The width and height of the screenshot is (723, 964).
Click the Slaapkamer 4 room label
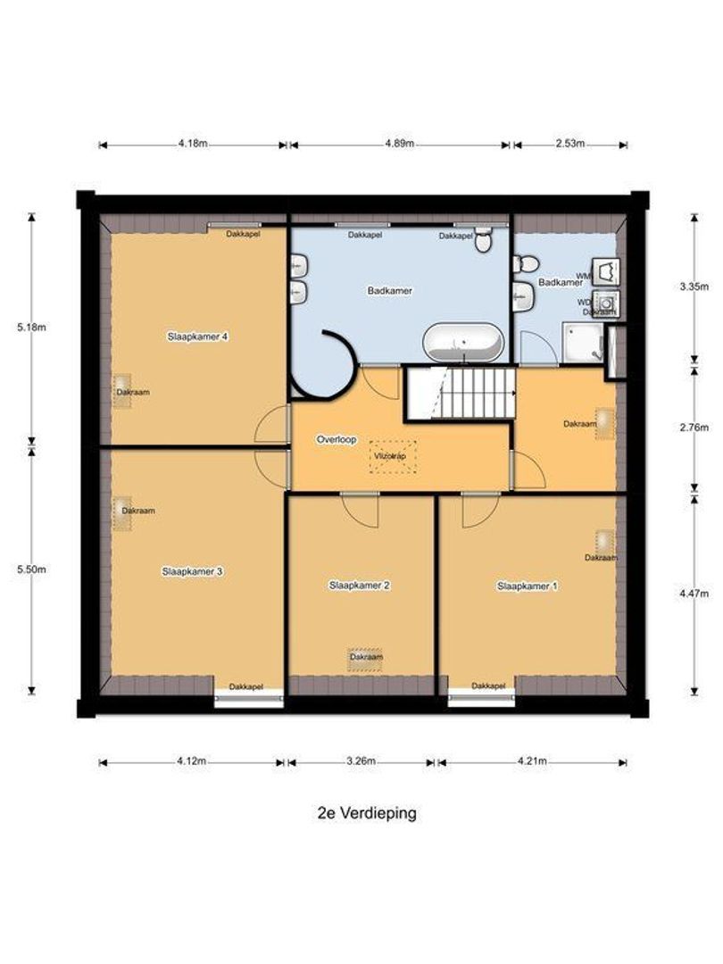tap(198, 337)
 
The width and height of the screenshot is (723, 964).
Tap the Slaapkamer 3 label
tap(192, 571)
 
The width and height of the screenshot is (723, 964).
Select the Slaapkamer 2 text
tap(360, 586)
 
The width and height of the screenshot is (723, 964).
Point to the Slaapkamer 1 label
tap(528, 586)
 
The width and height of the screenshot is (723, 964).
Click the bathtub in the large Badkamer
tap(462, 342)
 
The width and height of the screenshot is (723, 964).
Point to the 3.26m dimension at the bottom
tap(361, 761)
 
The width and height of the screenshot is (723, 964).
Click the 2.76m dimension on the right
tap(694, 427)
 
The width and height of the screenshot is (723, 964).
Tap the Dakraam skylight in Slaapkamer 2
tap(364, 657)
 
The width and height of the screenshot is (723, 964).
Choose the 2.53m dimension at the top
tap(569, 144)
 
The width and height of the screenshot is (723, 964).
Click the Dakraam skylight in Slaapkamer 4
tap(121, 390)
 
